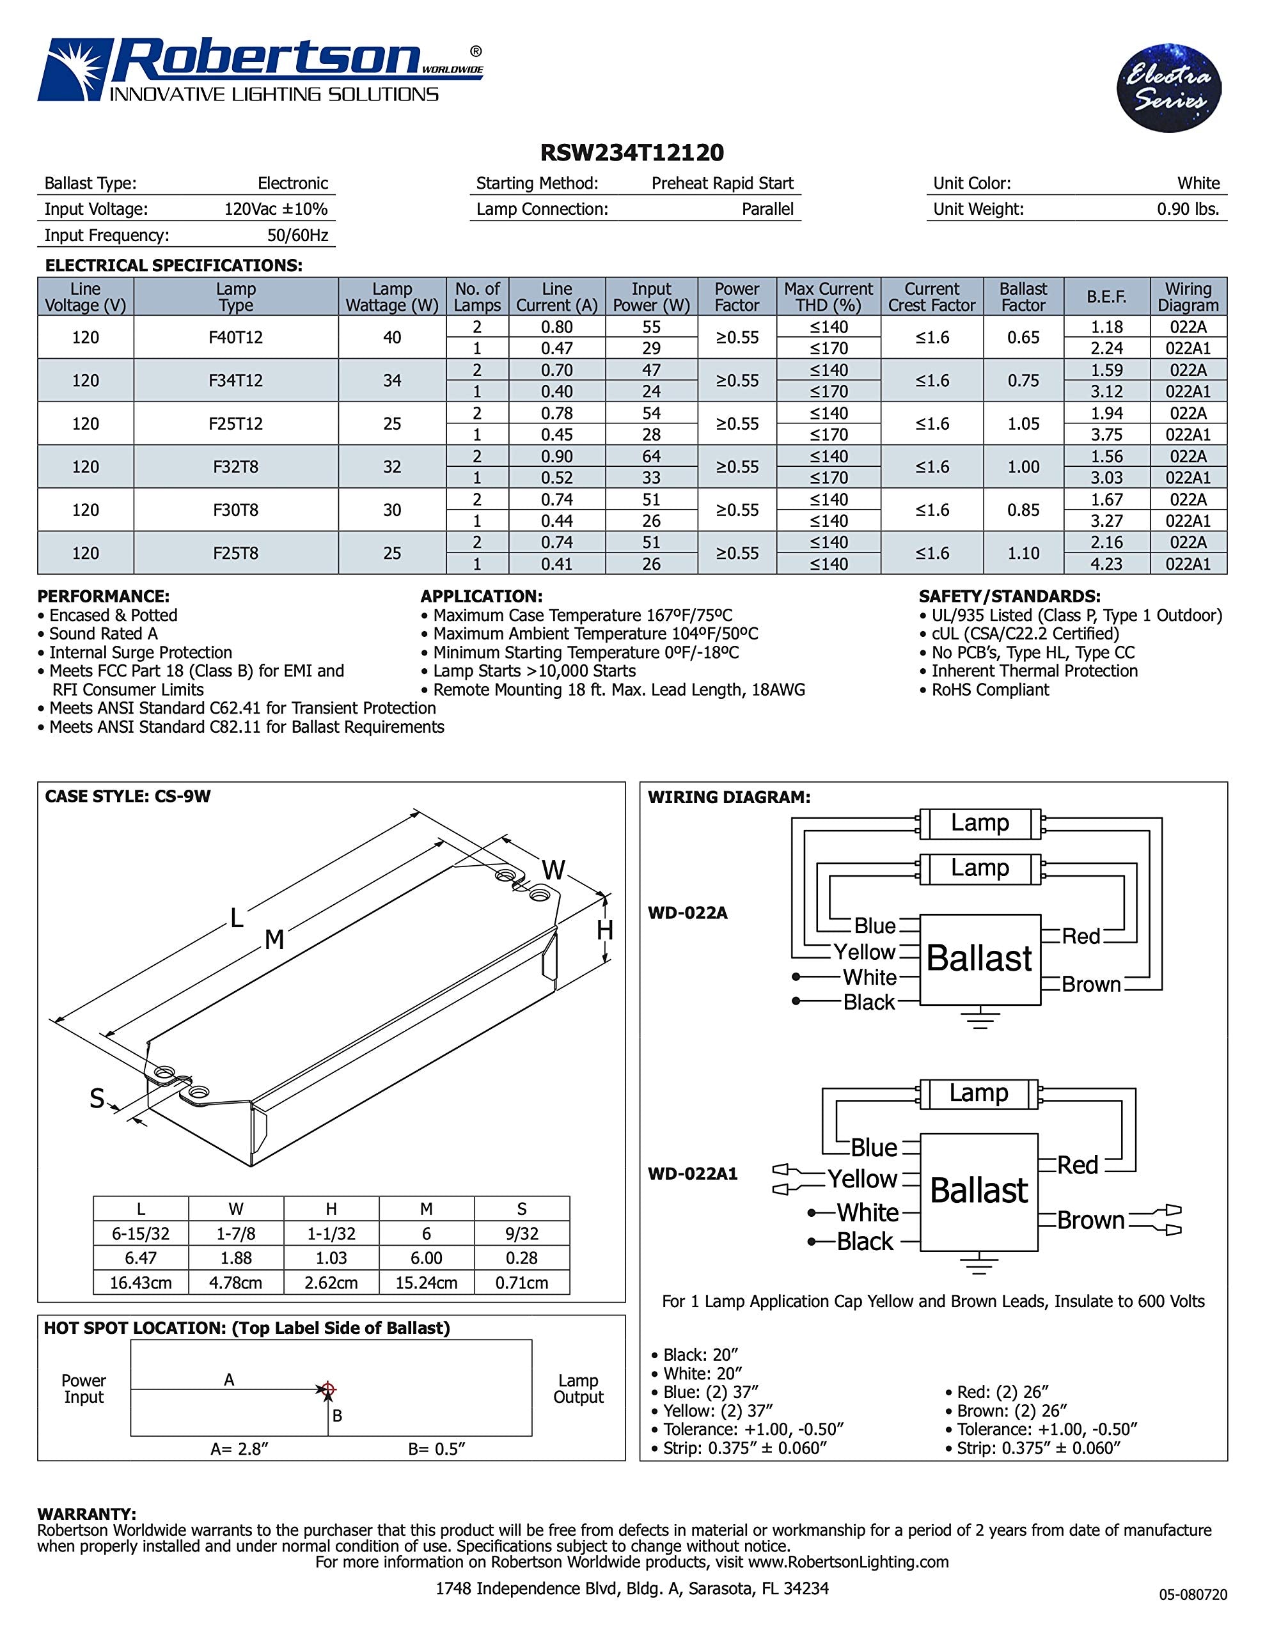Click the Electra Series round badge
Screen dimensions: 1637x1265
click(1168, 88)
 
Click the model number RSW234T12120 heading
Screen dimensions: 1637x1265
click(632, 153)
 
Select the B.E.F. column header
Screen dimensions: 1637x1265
click(1106, 297)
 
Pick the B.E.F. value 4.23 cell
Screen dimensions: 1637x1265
click(1106, 563)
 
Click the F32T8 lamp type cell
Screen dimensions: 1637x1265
click(235, 467)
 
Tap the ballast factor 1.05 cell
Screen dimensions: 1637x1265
click(1023, 423)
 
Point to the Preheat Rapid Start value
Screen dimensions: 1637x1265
click(721, 184)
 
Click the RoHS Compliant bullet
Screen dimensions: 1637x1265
click(989, 689)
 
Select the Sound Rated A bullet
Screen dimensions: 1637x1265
click(103, 633)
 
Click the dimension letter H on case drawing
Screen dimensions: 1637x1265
click(604, 930)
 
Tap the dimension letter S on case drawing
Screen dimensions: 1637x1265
click(97, 1099)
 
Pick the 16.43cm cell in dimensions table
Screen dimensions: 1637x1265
click(140, 1283)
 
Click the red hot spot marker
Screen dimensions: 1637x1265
click(327, 1389)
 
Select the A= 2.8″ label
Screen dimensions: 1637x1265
click(239, 1449)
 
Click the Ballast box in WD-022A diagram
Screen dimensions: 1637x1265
click(979, 959)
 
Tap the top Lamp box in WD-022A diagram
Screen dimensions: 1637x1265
click(979, 823)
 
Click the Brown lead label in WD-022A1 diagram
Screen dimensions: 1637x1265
click(1090, 1221)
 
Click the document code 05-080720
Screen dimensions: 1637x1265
click(1192, 1594)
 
